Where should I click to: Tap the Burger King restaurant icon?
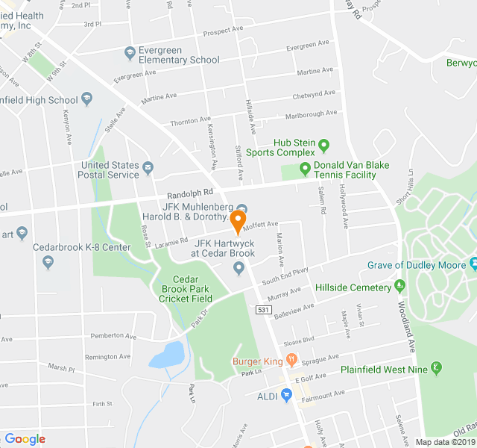[x=292, y=360]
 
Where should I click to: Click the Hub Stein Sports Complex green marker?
[x=323, y=144]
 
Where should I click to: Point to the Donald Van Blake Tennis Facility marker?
[x=305, y=168]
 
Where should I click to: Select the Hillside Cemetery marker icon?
[x=399, y=284]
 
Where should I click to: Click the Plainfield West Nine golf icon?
[x=437, y=368]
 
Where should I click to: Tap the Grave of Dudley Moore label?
[x=414, y=264]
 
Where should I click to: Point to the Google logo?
[x=25, y=438]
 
